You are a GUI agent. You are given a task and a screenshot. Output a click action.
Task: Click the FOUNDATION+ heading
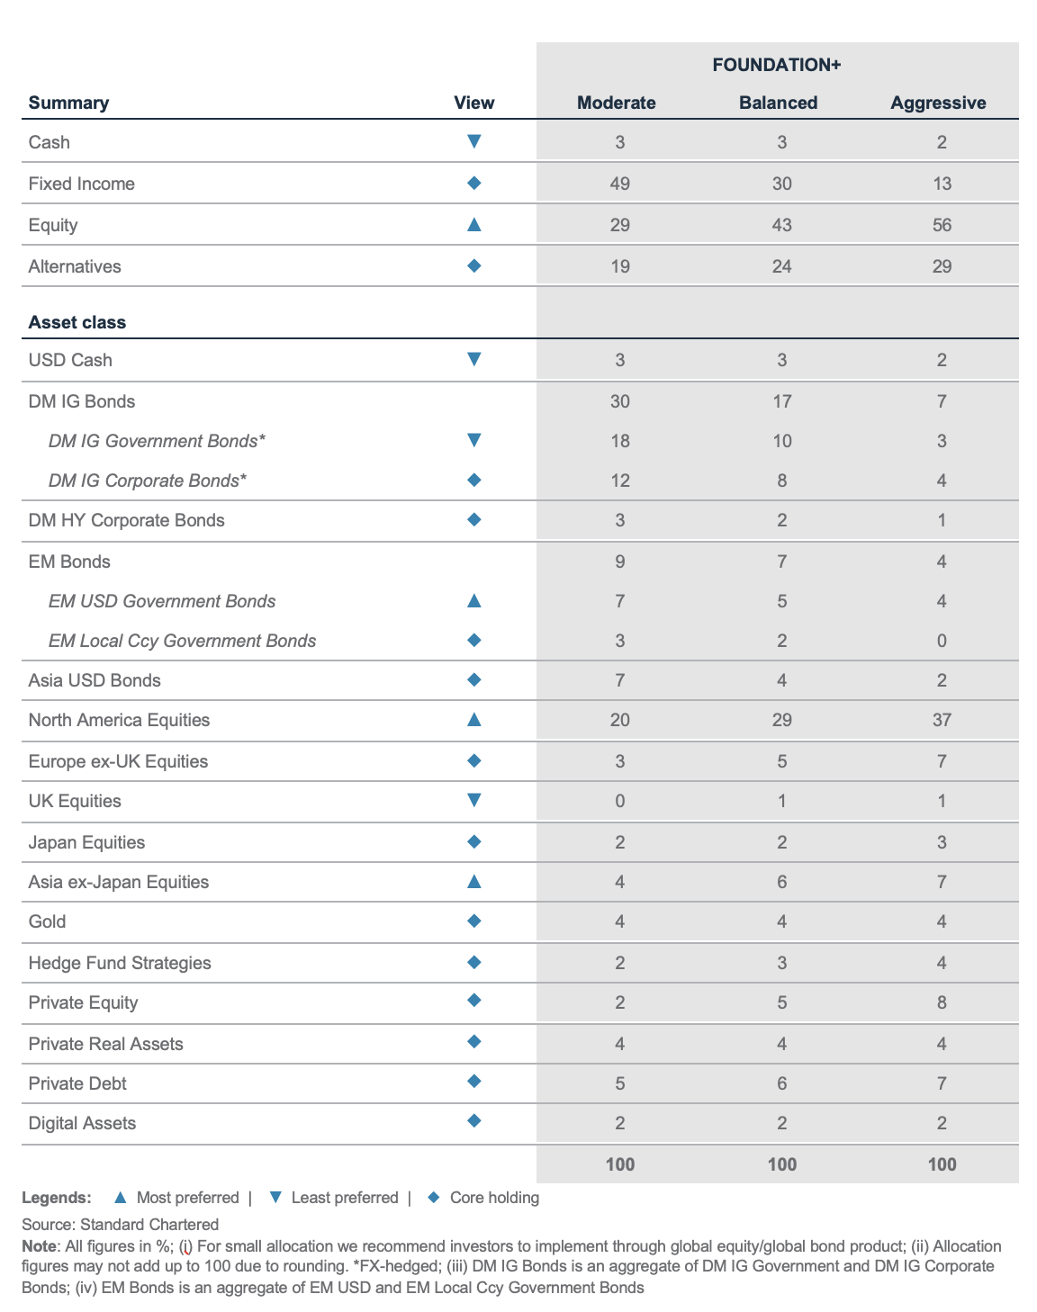click(777, 65)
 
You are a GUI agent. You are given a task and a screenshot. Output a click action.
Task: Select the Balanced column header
click(779, 103)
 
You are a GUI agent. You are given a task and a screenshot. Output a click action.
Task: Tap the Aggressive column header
click(938, 103)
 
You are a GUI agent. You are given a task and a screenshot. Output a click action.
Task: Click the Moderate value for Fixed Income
click(619, 184)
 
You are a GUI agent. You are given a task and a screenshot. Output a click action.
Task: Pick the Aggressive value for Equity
click(942, 225)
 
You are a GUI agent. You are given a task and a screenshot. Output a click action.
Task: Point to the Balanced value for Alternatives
click(781, 266)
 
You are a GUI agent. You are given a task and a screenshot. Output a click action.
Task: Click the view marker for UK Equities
click(474, 800)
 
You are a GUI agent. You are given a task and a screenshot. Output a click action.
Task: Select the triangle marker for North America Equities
click(474, 720)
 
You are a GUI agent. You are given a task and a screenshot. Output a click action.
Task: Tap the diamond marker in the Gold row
click(474, 921)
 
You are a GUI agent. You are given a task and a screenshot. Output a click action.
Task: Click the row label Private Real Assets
click(105, 1044)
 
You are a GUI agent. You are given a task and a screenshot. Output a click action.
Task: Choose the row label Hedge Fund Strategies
click(120, 963)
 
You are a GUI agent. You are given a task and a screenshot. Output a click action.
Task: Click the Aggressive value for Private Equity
click(942, 1002)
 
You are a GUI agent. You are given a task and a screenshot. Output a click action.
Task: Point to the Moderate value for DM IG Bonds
click(619, 401)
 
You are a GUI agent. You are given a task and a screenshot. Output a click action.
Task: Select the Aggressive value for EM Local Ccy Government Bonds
click(942, 641)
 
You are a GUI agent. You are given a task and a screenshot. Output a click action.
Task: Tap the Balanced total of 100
click(782, 1164)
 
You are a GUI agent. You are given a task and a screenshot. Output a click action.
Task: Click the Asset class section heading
click(77, 322)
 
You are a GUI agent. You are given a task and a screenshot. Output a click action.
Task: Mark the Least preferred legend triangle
click(275, 1198)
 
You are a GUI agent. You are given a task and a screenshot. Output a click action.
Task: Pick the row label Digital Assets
click(82, 1123)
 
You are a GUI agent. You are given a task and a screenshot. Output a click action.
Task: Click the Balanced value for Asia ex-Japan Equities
click(781, 882)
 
